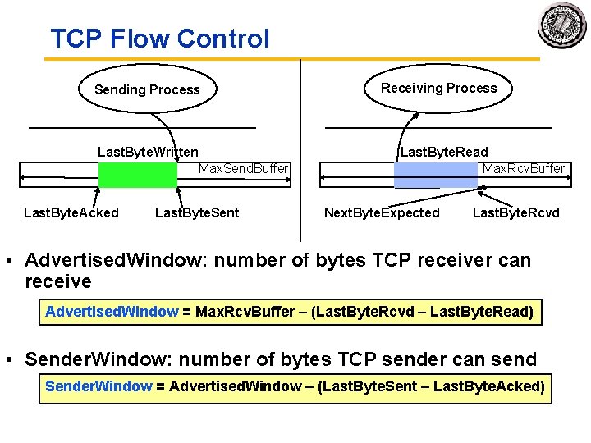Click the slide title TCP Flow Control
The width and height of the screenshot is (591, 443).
point(159,39)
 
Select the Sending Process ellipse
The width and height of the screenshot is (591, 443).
point(147,89)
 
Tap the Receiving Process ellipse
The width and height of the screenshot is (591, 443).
point(438,88)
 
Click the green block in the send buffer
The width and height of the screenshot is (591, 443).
point(137,175)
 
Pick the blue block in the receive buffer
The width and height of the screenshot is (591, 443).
point(435,175)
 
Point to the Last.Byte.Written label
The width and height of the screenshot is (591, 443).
point(148,152)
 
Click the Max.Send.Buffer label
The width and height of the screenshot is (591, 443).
point(244,169)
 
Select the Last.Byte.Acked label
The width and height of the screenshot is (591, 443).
point(71,213)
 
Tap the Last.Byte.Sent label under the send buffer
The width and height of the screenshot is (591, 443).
point(197,213)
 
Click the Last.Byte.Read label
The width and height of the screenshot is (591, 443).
point(443,152)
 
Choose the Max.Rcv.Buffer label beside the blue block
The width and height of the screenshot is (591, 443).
point(524,169)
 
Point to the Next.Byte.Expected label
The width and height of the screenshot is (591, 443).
point(382,213)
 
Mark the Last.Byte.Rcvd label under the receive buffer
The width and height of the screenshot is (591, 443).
point(515,213)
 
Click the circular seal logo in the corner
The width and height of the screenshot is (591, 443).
point(562,25)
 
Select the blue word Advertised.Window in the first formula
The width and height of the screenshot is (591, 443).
point(112,312)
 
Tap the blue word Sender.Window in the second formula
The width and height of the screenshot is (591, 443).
point(98,386)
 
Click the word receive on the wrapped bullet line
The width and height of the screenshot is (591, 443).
point(58,281)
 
